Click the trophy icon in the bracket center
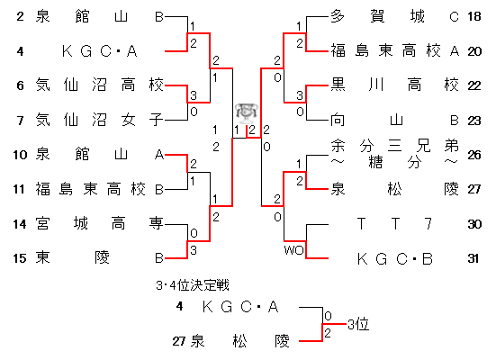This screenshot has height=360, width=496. click(247, 113)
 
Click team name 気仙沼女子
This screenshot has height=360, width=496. click(99, 120)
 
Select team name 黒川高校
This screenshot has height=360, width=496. click(395, 85)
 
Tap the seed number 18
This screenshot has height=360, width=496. click(474, 16)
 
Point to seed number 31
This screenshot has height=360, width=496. click(473, 259)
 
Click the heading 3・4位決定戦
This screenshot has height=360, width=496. click(193, 285)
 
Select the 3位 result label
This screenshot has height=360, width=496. click(358, 324)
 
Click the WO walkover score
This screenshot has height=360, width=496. click(294, 250)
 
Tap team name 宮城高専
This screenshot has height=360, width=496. click(99, 224)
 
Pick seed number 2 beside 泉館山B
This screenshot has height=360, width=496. click(20, 16)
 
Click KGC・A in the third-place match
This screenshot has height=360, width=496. click(240, 307)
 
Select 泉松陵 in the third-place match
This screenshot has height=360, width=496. click(240, 341)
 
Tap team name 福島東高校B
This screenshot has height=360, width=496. click(99, 189)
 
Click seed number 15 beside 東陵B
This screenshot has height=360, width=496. click(19, 258)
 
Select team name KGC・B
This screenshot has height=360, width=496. click(395, 259)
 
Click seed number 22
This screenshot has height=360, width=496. click(474, 85)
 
